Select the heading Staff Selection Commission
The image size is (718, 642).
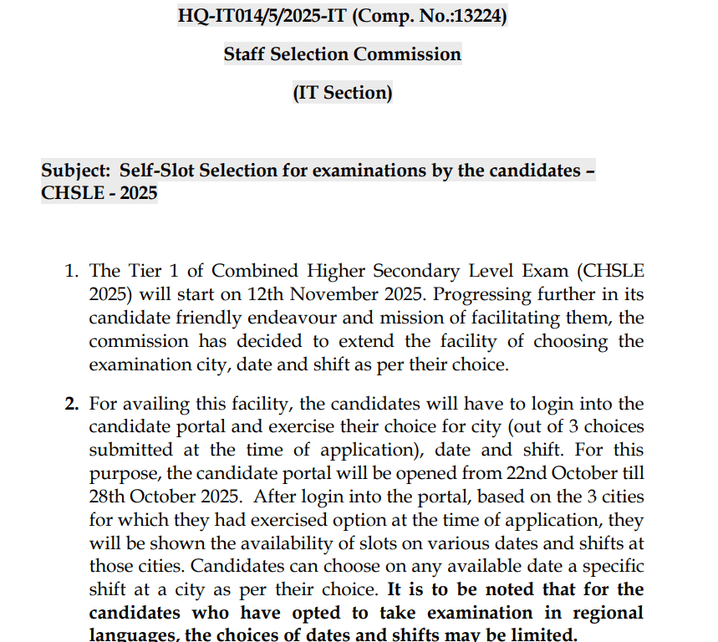(342, 54)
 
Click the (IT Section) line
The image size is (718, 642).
(342, 93)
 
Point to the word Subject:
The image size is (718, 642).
(76, 171)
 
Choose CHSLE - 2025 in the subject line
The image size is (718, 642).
(99, 194)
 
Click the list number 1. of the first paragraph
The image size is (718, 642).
(73, 272)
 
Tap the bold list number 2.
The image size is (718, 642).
(73, 404)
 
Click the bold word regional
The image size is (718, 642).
(605, 613)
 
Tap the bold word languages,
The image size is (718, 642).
(134, 634)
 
